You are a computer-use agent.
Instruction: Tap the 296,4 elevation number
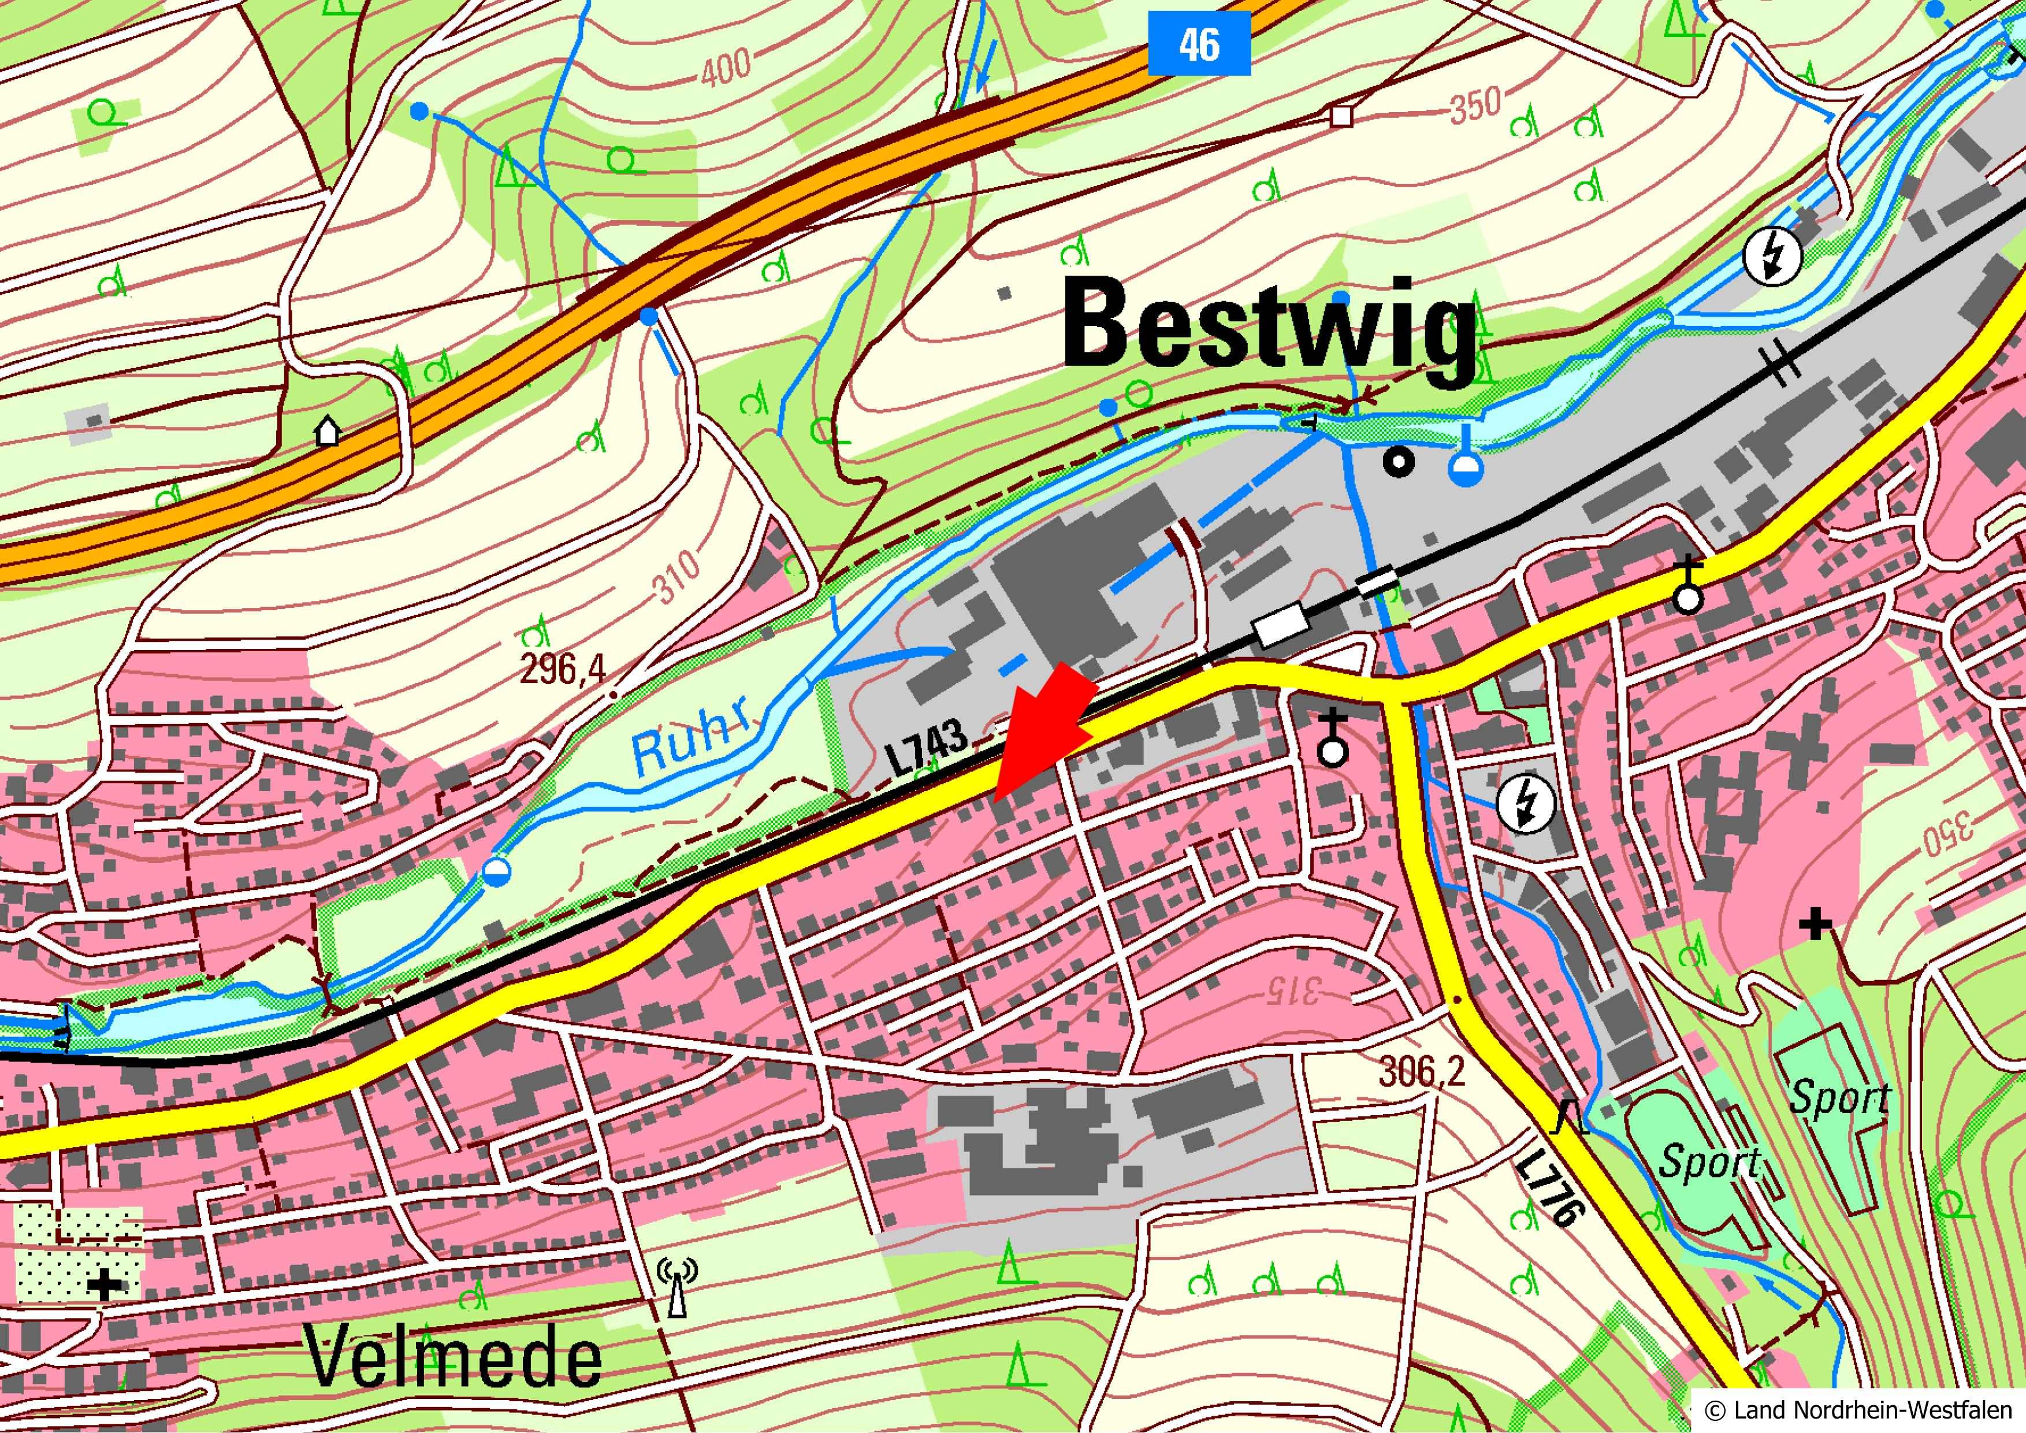click(563, 671)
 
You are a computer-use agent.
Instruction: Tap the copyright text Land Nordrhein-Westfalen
click(1862, 1409)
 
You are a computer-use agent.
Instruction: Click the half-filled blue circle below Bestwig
click(1466, 467)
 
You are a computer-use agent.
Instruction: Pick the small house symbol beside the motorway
click(328, 432)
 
